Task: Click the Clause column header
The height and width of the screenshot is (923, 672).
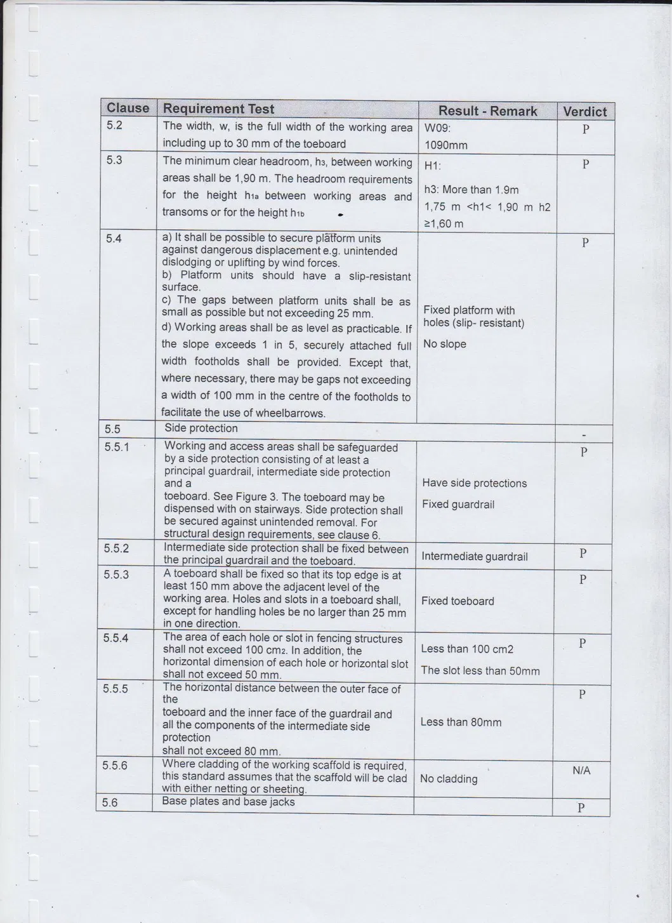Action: tap(128, 108)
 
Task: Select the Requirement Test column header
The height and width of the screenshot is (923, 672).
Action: tap(219, 109)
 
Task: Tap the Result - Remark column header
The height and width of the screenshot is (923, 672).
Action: tap(487, 111)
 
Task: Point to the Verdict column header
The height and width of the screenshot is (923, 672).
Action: tap(584, 112)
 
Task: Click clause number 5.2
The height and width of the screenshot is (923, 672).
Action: tap(114, 125)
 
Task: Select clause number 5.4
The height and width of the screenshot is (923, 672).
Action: tap(114, 239)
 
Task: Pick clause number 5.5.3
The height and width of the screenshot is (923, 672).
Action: tap(116, 574)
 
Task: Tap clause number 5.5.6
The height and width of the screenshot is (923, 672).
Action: tap(115, 766)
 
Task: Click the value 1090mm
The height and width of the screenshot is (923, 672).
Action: tap(445, 145)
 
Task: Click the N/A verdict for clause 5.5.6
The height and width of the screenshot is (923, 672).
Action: tap(581, 771)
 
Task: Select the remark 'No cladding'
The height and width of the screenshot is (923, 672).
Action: tap(449, 779)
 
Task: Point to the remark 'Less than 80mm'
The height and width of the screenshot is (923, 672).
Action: tap(461, 722)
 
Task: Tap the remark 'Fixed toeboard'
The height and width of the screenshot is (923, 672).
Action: tap(458, 601)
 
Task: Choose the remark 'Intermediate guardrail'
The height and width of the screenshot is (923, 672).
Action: tap(475, 557)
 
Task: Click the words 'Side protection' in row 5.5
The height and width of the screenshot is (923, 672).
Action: tap(201, 428)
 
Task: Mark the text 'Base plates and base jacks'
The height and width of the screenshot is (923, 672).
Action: tap(228, 801)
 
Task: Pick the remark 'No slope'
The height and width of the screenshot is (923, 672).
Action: tap(445, 344)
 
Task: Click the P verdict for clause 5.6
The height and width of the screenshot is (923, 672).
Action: tap(581, 807)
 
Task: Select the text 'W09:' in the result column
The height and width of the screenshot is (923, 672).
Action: tap(437, 128)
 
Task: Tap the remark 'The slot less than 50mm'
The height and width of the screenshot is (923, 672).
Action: tap(480, 671)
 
